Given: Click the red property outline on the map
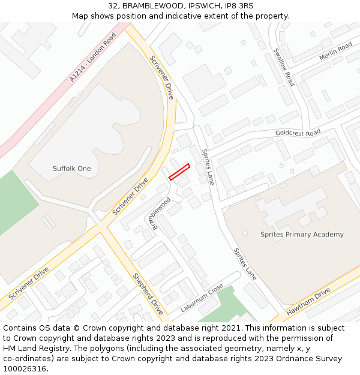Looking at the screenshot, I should point(179,172).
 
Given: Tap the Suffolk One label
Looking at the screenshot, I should point(72,169).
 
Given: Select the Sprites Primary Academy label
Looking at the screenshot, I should point(302,235).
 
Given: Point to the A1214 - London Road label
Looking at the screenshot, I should point(92,58).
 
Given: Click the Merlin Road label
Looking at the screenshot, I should point(335,52).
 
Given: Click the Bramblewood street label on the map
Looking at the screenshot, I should point(159,213).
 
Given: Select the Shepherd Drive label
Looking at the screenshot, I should point(148,294).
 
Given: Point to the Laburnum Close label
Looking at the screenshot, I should point(202,298).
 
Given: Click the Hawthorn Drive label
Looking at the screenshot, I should point(308,302).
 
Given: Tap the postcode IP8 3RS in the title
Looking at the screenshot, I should point(239,6).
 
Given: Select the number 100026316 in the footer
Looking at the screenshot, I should point(25,369).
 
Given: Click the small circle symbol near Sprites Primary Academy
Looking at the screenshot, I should point(245,233).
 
